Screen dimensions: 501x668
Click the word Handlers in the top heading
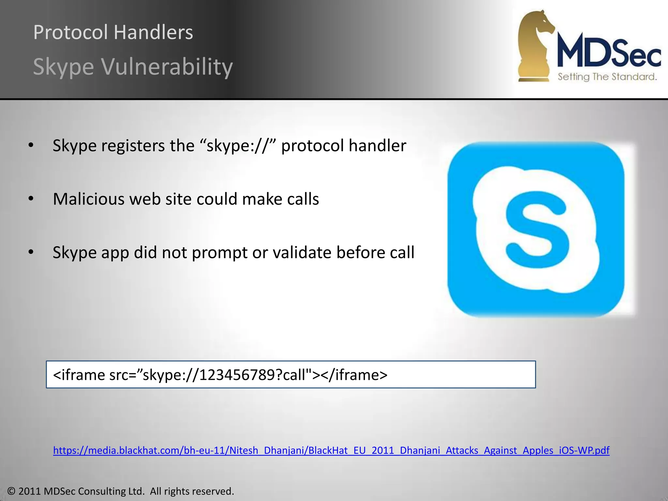tap(153, 32)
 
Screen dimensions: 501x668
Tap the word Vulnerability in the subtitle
tap(167, 67)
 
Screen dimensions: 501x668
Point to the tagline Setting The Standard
tap(607, 77)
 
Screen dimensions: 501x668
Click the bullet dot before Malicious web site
tap(31, 199)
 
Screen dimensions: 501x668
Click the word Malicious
tap(88, 199)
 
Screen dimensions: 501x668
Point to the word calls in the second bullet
tap(303, 199)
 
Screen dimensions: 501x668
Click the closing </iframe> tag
tap(354, 375)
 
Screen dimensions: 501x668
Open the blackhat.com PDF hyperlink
tap(331, 450)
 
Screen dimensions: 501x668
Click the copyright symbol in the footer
tap(11, 491)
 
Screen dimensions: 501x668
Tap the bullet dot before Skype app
tap(31, 252)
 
